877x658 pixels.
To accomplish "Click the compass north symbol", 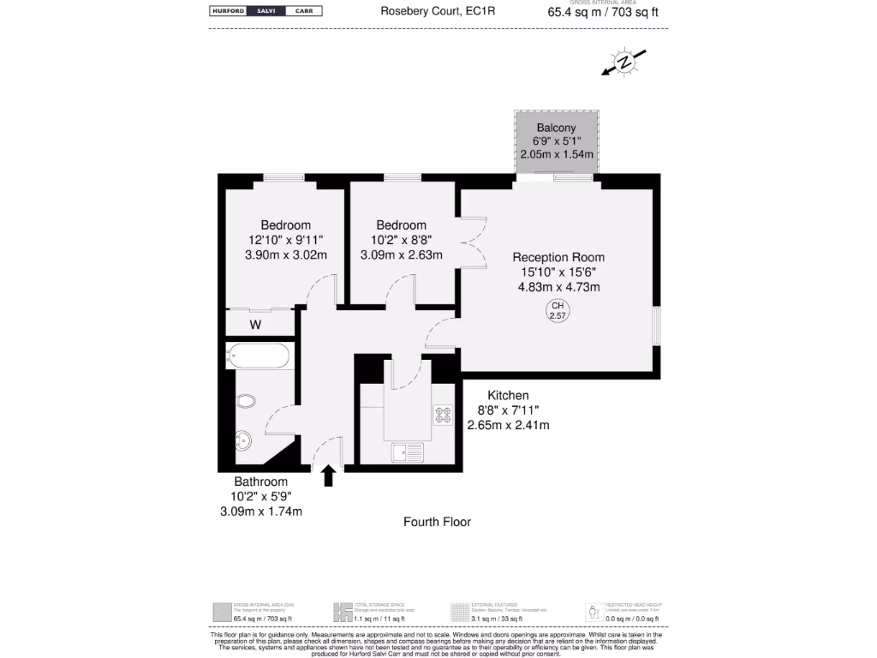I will click(x=625, y=62).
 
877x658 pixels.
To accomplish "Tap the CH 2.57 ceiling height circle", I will click(x=558, y=311).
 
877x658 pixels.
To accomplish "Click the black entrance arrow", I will click(x=328, y=476).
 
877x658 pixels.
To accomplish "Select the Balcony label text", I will click(x=556, y=128).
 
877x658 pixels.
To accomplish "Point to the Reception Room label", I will click(x=558, y=257).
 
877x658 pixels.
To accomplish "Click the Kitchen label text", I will click(x=508, y=395).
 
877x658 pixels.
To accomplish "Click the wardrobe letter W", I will click(x=255, y=325).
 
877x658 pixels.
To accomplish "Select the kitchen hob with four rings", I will click(x=444, y=416).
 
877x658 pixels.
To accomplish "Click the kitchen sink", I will click(x=408, y=452).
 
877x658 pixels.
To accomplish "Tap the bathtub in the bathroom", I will click(x=260, y=355).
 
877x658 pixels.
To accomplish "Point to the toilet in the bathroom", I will click(x=246, y=401).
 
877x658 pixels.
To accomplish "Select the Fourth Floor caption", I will click(x=437, y=522).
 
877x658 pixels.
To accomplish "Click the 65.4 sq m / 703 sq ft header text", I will click(x=603, y=13).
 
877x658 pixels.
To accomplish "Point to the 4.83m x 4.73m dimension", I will click(x=558, y=287).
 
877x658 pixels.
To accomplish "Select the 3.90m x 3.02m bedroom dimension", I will click(x=285, y=254).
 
